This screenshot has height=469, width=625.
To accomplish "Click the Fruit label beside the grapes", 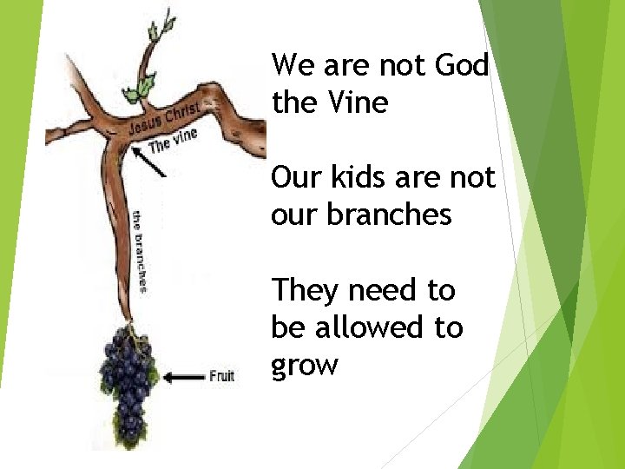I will coord(221,376).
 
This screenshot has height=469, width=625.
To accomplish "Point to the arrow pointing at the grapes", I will coord(183,376).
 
